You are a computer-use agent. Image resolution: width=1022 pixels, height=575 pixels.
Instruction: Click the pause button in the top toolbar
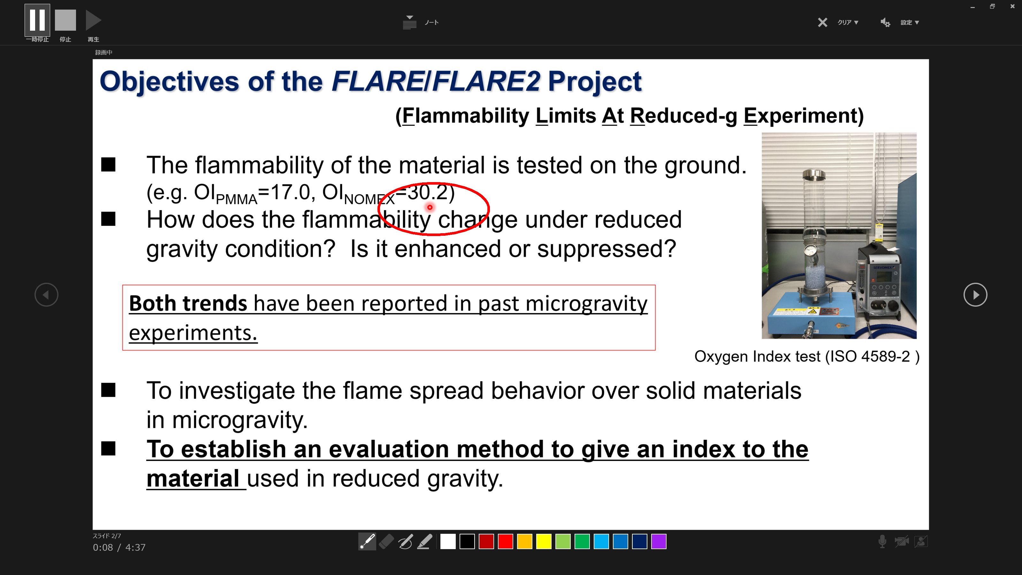[x=37, y=20]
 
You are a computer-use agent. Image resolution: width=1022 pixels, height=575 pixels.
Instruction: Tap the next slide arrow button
[x=975, y=295]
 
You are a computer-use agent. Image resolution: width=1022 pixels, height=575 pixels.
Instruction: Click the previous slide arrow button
[x=46, y=295]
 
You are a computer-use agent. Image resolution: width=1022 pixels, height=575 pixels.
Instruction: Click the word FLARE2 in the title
[x=486, y=81]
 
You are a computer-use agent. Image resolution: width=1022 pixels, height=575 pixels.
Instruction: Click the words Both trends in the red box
[x=188, y=303]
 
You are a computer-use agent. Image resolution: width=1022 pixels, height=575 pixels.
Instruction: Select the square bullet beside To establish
[x=108, y=448]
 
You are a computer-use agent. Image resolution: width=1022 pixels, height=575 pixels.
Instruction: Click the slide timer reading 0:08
[x=103, y=548]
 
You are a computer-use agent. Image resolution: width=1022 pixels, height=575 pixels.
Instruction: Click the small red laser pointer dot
[x=430, y=207]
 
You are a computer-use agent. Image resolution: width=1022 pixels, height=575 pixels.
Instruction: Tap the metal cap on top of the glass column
[x=814, y=174]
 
